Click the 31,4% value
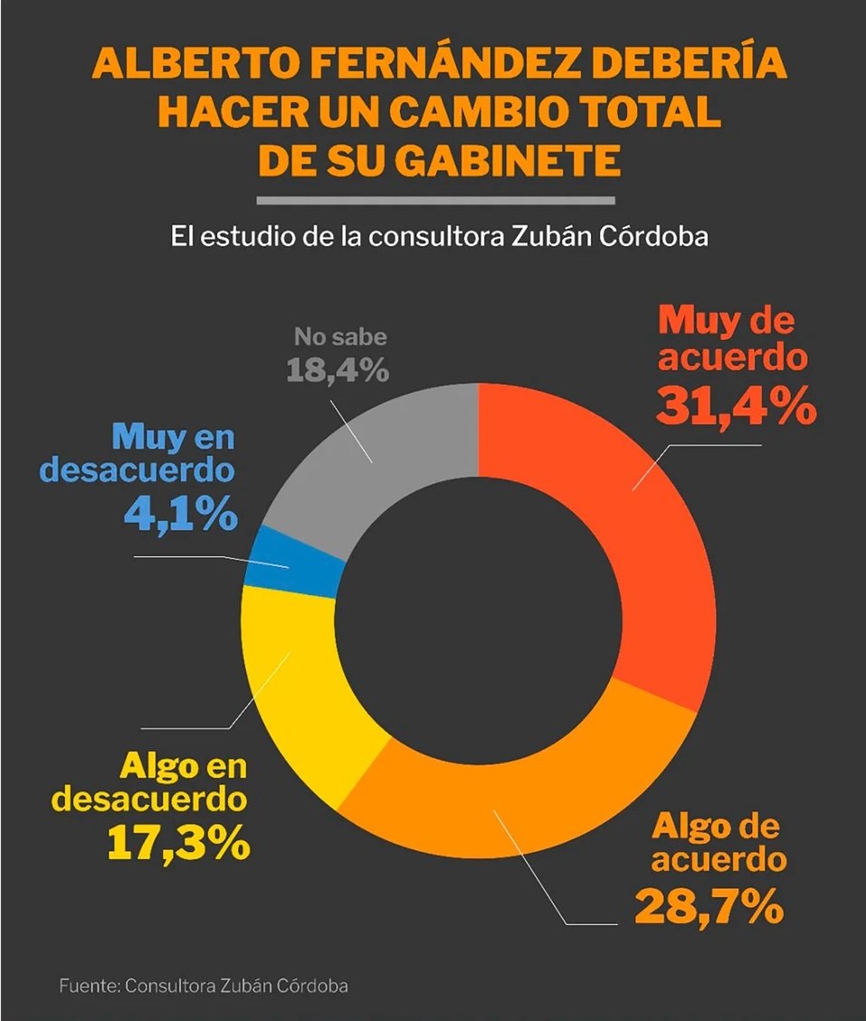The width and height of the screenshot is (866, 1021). coord(735,406)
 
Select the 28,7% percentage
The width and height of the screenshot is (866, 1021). coord(709,905)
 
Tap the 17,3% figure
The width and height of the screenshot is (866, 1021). coord(178,843)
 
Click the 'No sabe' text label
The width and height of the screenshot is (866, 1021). coord(340,338)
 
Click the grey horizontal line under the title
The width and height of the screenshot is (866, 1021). coord(435,199)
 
